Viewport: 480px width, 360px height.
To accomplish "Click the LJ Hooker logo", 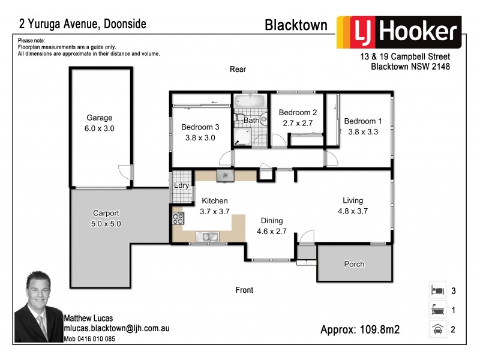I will (398, 32).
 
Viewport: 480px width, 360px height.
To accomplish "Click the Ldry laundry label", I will (181, 185).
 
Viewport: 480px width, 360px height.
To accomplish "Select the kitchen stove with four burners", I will (178, 218).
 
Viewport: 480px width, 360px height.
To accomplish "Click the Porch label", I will (354, 264).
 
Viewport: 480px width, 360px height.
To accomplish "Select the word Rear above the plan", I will (238, 69).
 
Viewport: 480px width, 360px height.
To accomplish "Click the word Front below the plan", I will (244, 290).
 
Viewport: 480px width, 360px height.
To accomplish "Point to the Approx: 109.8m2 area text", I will (360, 329).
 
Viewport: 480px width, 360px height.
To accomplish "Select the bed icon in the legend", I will (437, 290).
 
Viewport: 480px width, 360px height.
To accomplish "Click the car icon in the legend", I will (437, 329).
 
